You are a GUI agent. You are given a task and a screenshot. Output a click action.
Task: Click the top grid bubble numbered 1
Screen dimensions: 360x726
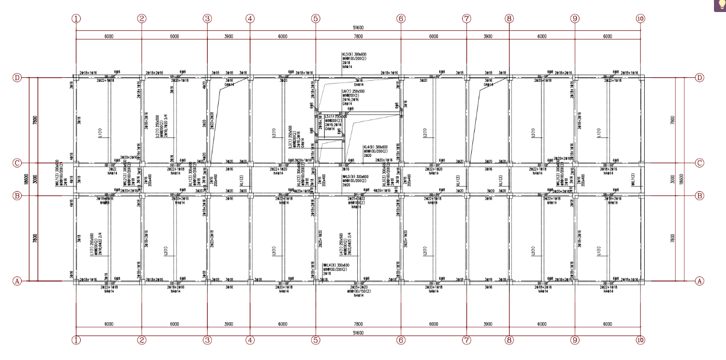pyautogui.click(x=76, y=18)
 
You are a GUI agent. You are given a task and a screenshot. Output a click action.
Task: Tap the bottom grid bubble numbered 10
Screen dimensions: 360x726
pyautogui.click(x=640, y=340)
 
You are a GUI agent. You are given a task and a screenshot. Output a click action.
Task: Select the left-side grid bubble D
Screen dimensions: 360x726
pyautogui.click(x=17, y=77)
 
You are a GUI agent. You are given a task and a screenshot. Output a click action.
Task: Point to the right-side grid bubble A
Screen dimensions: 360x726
pyautogui.click(x=699, y=281)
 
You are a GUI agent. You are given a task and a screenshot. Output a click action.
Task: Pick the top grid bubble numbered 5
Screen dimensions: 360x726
pyautogui.click(x=315, y=18)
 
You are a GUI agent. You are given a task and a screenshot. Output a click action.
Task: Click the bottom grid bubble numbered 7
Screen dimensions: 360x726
pyautogui.click(x=467, y=340)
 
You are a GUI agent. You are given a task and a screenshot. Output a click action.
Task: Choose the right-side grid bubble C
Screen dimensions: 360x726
pyautogui.click(x=699, y=163)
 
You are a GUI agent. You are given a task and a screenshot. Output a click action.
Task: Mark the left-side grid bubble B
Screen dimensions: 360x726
pyautogui.click(x=17, y=195)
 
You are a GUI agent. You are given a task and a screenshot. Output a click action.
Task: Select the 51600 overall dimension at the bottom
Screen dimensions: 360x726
pyautogui.click(x=358, y=333)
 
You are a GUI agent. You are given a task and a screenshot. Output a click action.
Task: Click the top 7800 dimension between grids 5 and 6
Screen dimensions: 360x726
pyautogui.click(x=358, y=36)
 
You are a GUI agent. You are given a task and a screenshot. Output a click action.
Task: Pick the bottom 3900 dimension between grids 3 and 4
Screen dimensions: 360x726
pyautogui.click(x=228, y=324)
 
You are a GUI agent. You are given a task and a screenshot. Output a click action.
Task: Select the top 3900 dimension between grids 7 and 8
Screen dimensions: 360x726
pyautogui.click(x=488, y=36)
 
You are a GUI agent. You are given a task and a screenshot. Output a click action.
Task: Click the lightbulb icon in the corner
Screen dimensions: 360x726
pyautogui.click(x=719, y=5)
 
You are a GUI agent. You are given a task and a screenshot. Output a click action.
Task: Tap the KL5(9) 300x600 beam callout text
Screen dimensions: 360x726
pyautogui.click(x=353, y=54)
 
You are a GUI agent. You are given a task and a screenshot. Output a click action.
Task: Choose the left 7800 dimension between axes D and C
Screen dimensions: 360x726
pyautogui.click(x=35, y=120)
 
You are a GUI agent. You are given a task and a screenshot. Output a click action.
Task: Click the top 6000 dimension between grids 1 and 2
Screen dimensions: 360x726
pyautogui.click(x=109, y=36)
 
